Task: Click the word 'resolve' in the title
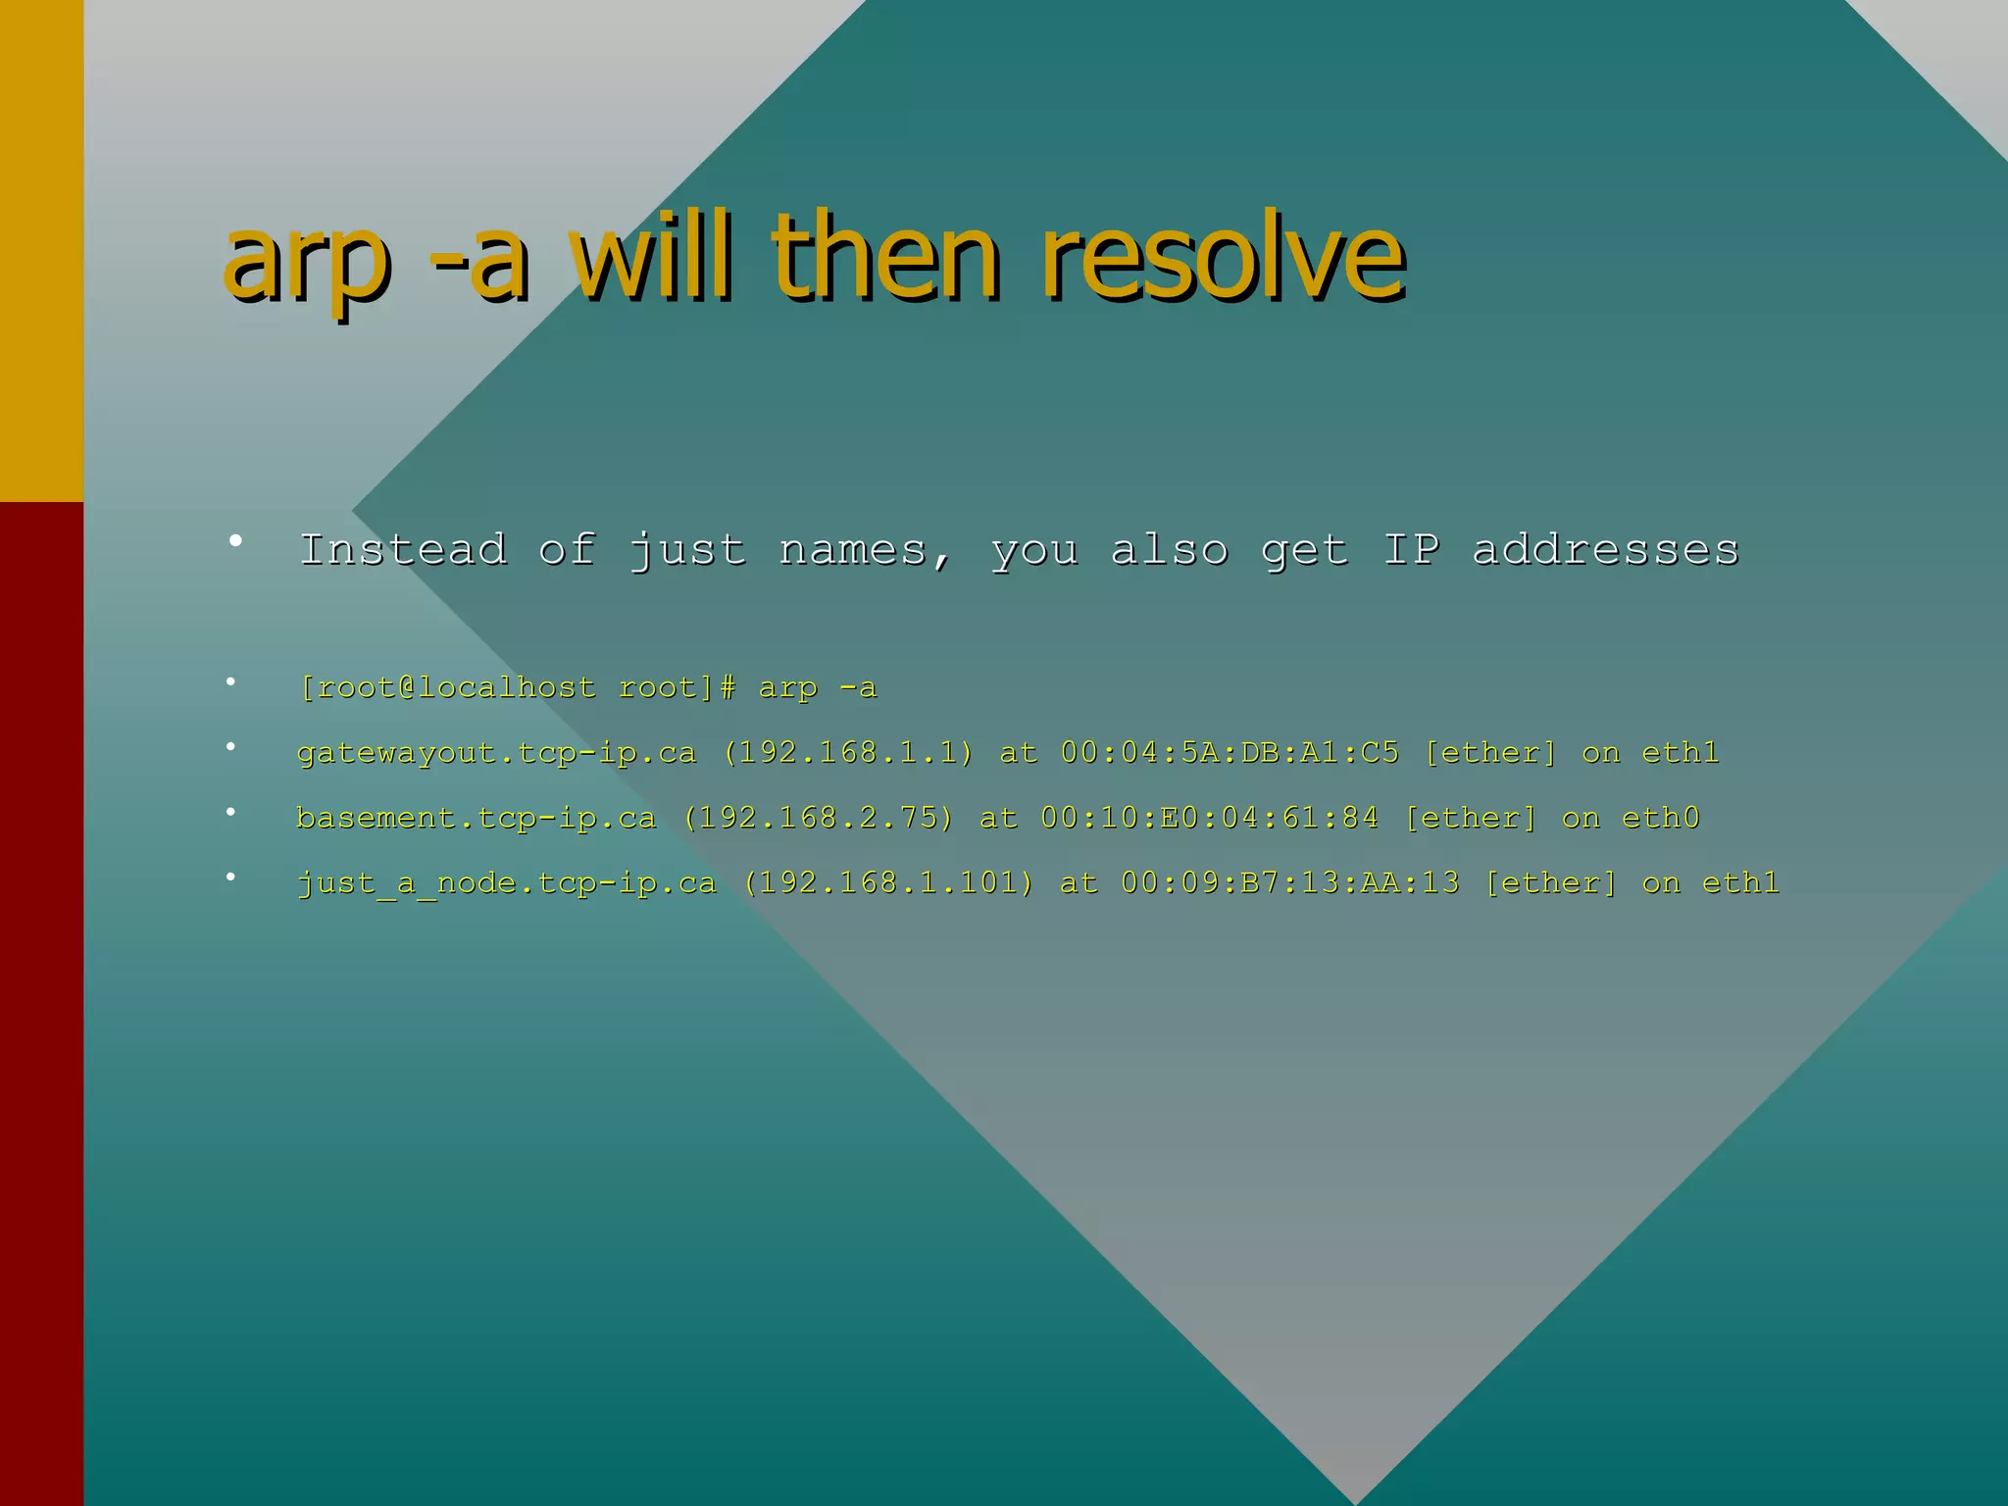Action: coord(1223,257)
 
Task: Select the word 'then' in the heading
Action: coord(885,257)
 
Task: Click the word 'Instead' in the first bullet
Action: coord(403,549)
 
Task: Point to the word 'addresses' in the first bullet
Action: coord(1605,549)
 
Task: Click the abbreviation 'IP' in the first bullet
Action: coord(1411,549)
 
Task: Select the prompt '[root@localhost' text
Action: coord(447,687)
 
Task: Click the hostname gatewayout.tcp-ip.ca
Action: coord(496,753)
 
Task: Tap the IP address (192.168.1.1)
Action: coord(849,753)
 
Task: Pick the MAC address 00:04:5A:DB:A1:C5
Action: coord(1230,753)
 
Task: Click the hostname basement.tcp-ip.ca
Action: coord(476,818)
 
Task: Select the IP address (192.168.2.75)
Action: coord(819,818)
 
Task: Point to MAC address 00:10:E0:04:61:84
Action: coord(1209,818)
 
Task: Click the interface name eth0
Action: coord(1660,818)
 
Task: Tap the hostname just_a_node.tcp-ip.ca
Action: coord(506,883)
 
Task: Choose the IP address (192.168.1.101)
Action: coord(888,883)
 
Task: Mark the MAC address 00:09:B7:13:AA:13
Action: coord(1289,883)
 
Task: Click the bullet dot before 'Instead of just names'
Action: coord(235,540)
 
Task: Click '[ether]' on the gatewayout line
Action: coord(1490,753)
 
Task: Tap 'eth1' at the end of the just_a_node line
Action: coord(1740,883)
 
